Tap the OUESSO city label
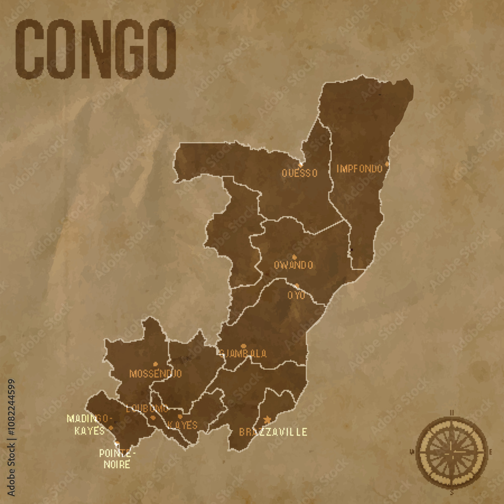pos(300,173)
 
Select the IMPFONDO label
pos(359,169)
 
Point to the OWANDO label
pos(293,265)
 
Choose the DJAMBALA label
pos(243,354)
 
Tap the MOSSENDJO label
pos(155,374)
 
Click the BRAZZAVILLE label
pos(273,432)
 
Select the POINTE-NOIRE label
pos(117,458)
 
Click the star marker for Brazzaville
pos(268,419)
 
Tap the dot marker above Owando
pos(294,257)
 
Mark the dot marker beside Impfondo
pos(387,164)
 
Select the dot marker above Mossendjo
pos(155,364)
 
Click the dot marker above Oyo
pos(297,286)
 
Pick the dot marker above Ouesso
pos(300,164)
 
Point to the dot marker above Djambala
pos(243,346)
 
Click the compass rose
pos(452,452)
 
